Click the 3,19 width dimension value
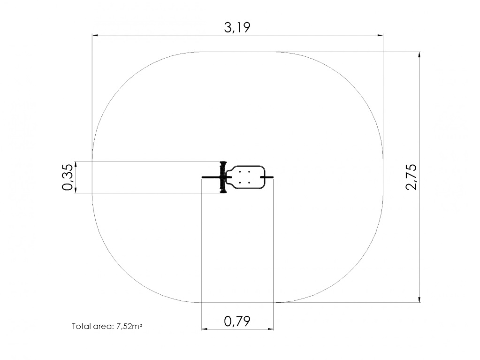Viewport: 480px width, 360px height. tap(237, 27)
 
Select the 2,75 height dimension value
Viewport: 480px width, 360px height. tap(411, 177)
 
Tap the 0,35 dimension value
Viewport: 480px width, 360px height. tap(68, 177)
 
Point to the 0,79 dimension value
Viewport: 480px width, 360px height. tap(237, 321)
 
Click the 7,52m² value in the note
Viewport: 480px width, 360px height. tap(129, 326)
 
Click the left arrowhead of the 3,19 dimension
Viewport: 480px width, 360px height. tap(95, 36)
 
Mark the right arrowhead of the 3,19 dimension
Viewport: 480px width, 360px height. tap(380, 36)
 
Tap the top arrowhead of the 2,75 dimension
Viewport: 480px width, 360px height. tap(419, 54)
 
